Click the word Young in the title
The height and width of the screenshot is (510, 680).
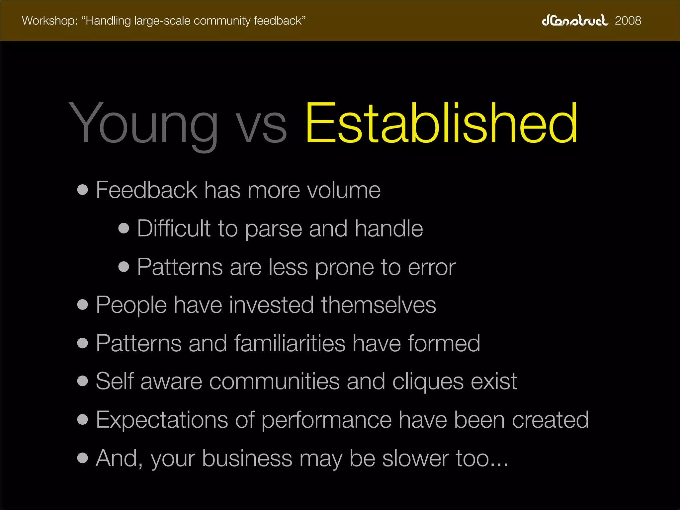pos(143,125)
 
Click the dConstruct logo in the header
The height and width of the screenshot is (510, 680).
pos(575,21)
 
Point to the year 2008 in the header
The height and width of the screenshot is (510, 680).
pos(628,21)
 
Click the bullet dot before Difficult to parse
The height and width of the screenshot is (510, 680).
pos(124,228)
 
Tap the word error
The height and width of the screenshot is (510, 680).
pos(432,268)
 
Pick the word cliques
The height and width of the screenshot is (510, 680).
pos(428,382)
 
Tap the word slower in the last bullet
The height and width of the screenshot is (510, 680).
pos(415,459)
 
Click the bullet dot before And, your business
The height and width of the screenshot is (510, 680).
pos(82,458)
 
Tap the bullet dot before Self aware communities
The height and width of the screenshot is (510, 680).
pos(82,381)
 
